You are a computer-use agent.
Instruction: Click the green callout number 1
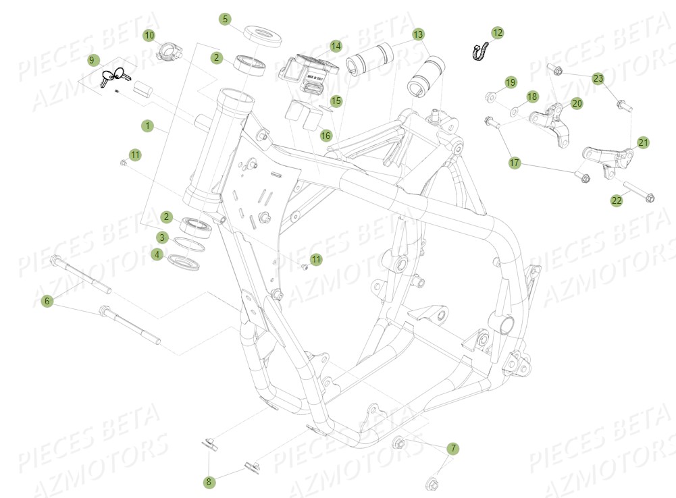coord(147,126)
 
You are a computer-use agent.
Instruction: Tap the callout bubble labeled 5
coord(226,19)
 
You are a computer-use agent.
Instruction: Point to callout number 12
coord(498,32)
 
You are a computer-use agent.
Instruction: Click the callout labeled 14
coord(336,47)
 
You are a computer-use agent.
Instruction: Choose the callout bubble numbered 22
coord(617,200)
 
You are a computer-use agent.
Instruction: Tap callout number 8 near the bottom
coord(209,482)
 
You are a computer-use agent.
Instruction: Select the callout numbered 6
coord(47,301)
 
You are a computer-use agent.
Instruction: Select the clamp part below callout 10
coord(167,51)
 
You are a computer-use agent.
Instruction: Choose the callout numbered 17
coord(515,163)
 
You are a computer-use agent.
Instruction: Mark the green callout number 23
coord(598,79)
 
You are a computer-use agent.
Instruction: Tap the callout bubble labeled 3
coord(162,237)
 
